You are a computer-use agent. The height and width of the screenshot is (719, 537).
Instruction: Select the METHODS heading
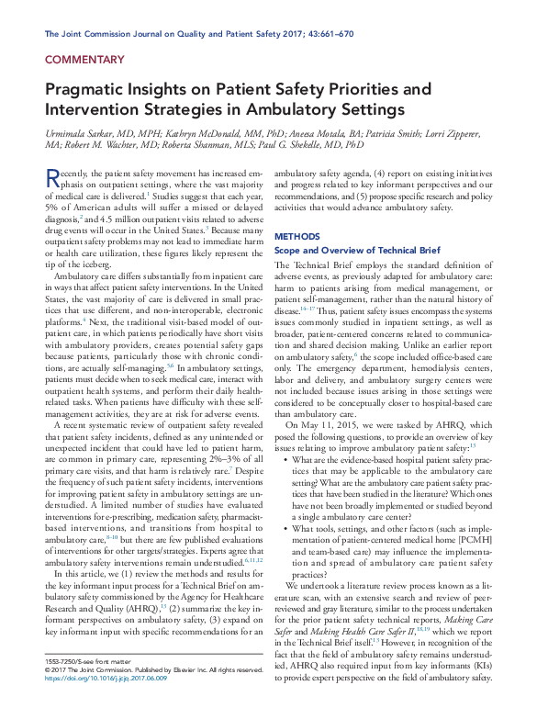click(298, 236)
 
